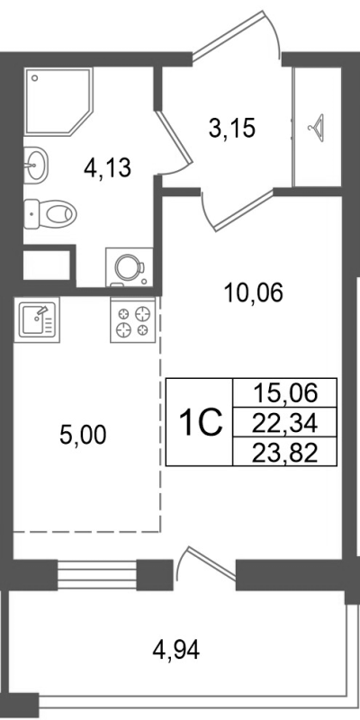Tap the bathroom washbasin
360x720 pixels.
[x=36, y=163]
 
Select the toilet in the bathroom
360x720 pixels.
[x=54, y=214]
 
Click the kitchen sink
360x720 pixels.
[x=37, y=318]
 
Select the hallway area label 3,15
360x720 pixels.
[x=232, y=129]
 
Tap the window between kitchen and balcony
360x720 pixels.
[x=96, y=572]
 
